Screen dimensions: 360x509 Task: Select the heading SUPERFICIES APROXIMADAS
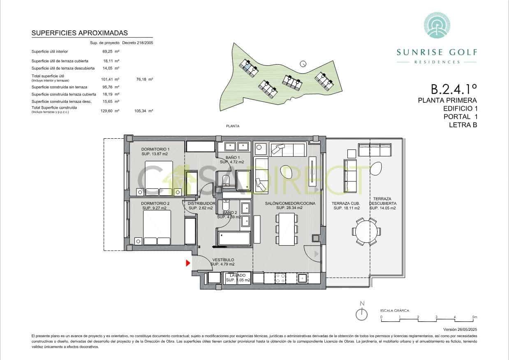coord(79,33)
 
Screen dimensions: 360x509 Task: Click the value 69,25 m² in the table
coord(111,52)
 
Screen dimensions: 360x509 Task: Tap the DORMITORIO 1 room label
coord(155,149)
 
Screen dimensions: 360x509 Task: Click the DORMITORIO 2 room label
coord(155,203)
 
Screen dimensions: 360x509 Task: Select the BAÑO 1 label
coord(233,158)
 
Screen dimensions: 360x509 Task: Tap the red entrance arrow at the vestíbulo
coord(188,263)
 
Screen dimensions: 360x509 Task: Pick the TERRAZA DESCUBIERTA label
coord(382,201)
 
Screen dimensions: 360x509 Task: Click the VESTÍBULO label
coord(223,260)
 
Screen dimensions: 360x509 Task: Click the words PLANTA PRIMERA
coord(447,100)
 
